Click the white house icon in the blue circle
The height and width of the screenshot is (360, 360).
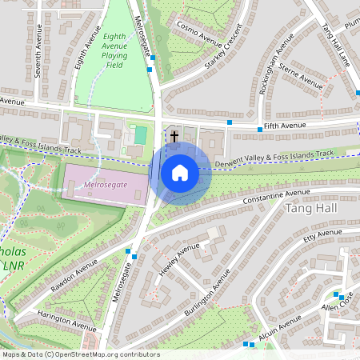[180, 173]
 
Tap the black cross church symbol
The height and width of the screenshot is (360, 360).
[174, 136]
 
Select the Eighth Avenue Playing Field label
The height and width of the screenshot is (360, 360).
[116, 46]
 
